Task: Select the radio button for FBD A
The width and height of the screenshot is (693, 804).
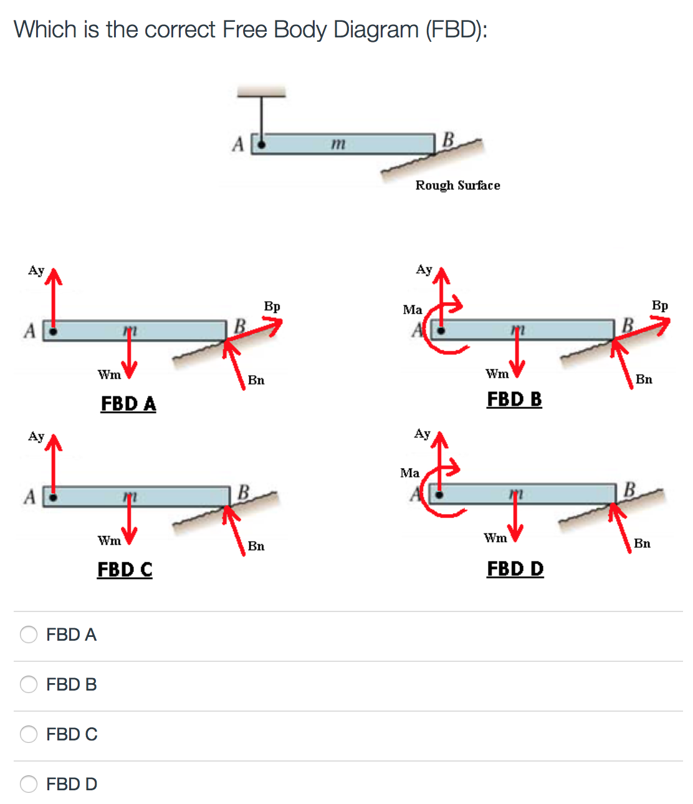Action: pyautogui.click(x=29, y=634)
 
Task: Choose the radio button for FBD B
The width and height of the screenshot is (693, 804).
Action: pyautogui.click(x=29, y=684)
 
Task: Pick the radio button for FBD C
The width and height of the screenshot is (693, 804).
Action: pyautogui.click(x=29, y=734)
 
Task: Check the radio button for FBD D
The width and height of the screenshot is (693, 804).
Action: pyautogui.click(x=29, y=783)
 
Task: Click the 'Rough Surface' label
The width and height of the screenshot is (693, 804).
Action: pyautogui.click(x=457, y=185)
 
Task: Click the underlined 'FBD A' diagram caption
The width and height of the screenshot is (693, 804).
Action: pyautogui.click(x=128, y=404)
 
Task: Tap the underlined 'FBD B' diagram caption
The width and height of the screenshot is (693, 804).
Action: pyautogui.click(x=514, y=399)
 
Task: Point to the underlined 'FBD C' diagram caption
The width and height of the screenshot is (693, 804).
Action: pyautogui.click(x=125, y=570)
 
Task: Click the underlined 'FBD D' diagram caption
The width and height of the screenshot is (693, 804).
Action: pyautogui.click(x=515, y=568)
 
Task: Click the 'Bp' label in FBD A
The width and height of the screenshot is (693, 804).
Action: pyautogui.click(x=272, y=306)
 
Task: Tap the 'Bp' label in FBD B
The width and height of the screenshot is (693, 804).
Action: pyautogui.click(x=659, y=305)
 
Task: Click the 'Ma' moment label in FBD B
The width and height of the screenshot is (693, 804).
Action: pyautogui.click(x=412, y=310)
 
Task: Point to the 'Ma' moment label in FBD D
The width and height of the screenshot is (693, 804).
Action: pyautogui.click(x=409, y=473)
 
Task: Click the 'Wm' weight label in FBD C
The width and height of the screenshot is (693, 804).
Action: pyautogui.click(x=109, y=540)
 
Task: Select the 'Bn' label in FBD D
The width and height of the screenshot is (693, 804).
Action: pyautogui.click(x=642, y=543)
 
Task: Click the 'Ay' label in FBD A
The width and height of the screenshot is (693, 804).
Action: pyautogui.click(x=36, y=270)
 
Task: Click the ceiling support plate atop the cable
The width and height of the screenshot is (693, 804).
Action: pyautogui.click(x=261, y=92)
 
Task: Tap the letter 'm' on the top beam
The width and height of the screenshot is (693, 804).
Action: pyautogui.click(x=337, y=143)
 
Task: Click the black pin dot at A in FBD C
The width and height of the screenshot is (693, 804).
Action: pyautogui.click(x=54, y=497)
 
